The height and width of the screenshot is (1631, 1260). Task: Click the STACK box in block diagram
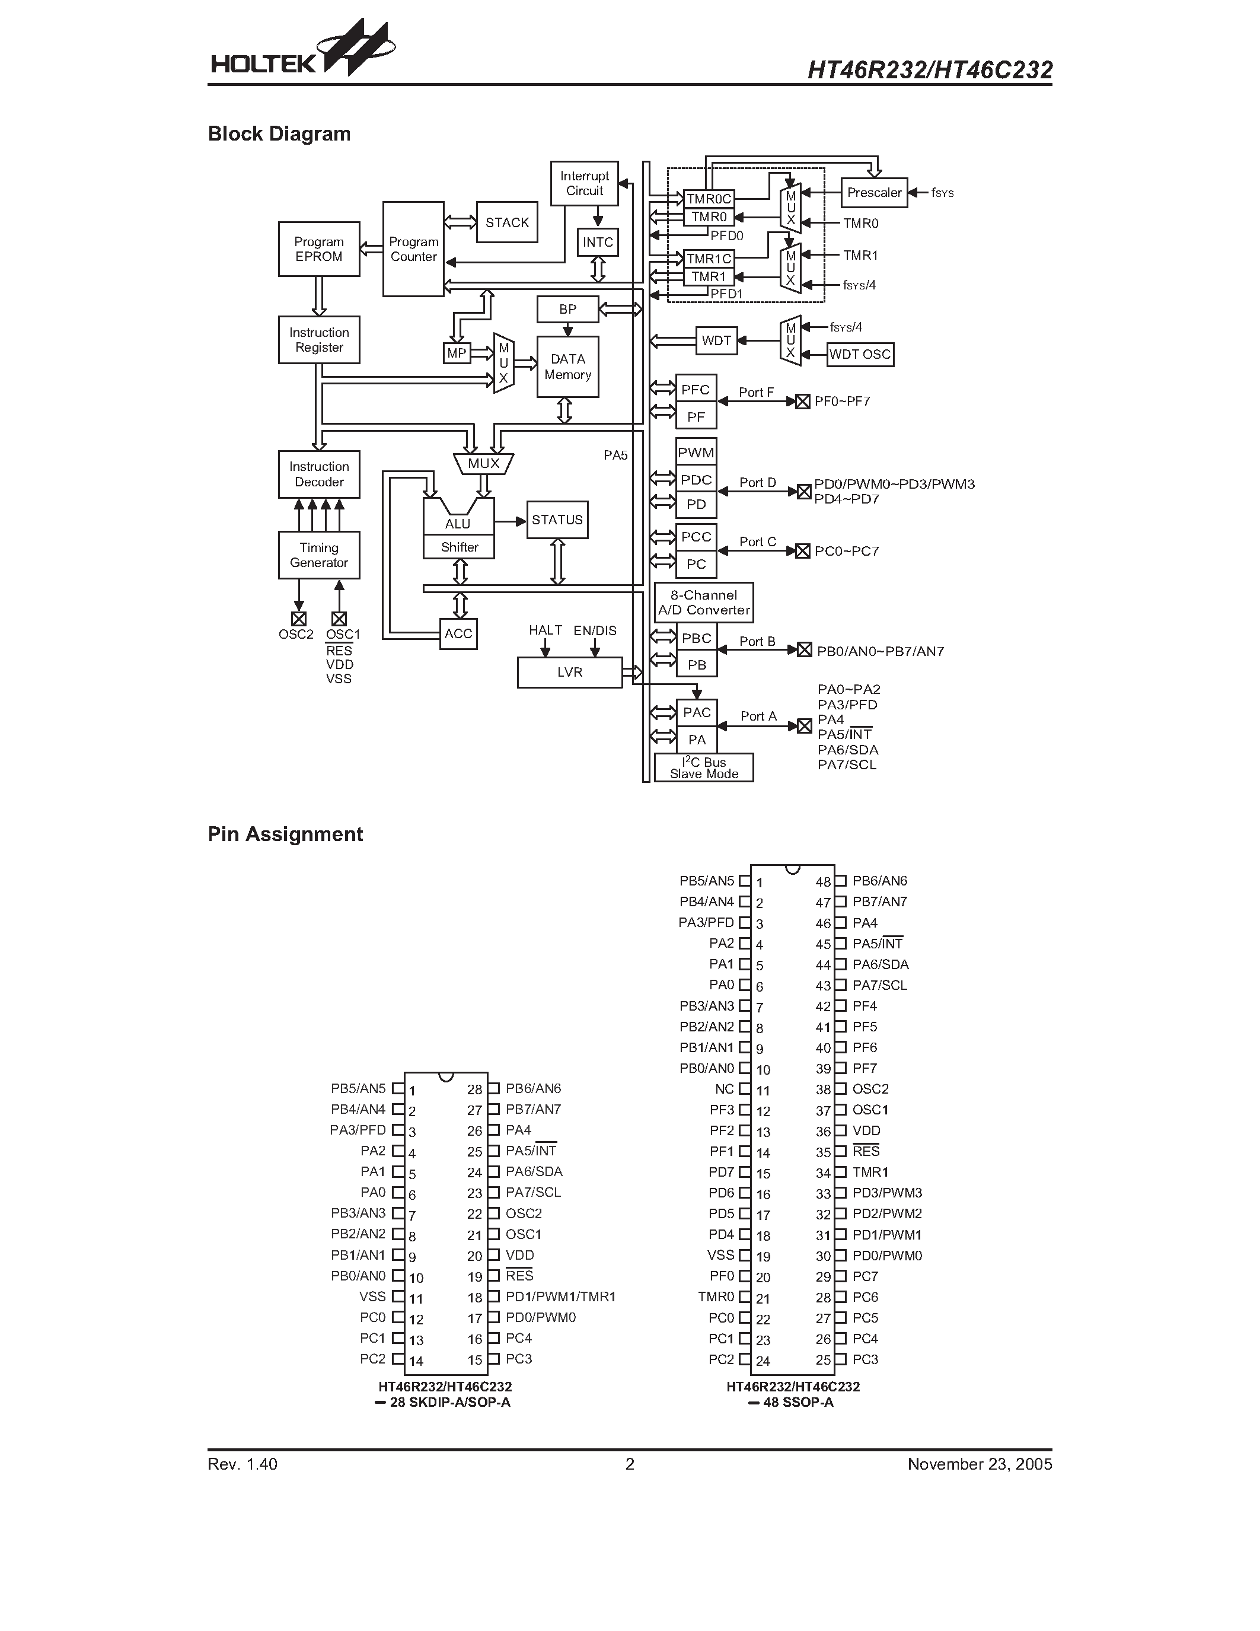click(507, 222)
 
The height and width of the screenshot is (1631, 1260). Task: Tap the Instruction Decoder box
click(319, 474)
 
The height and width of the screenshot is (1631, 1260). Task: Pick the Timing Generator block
click(319, 555)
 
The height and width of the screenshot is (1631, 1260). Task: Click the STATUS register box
click(557, 520)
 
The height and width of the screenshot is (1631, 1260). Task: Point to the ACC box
click(458, 634)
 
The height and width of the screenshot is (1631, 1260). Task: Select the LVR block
click(570, 672)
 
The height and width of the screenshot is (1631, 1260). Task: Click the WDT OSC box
click(860, 354)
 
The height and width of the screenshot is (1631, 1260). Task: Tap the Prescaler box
click(874, 193)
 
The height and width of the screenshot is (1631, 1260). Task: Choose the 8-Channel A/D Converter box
click(704, 603)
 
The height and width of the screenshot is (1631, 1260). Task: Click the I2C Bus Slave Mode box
click(704, 767)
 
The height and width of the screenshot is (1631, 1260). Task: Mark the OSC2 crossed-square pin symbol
click(299, 619)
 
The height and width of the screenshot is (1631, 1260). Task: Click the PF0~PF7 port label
click(842, 401)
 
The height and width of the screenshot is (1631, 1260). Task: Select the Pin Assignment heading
click(285, 834)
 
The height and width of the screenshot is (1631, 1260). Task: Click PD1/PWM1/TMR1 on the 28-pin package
click(560, 1296)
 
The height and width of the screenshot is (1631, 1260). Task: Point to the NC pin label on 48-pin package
click(724, 1089)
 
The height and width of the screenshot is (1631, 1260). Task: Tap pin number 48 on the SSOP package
click(822, 882)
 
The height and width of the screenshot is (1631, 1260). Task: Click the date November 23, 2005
click(980, 1464)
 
